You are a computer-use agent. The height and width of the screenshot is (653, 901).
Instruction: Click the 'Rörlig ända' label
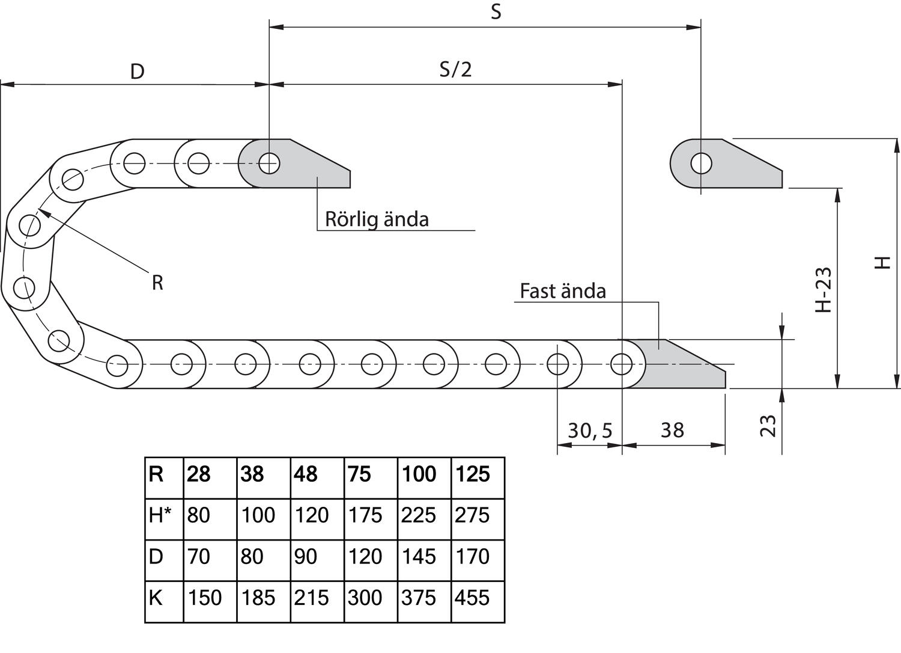[377, 219]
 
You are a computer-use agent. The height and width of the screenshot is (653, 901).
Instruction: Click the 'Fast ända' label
[562, 291]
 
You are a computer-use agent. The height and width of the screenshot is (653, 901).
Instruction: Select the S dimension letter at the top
[496, 12]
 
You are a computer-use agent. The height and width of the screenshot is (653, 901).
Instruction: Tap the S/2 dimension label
[455, 69]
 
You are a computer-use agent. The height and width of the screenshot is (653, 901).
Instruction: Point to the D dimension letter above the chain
[138, 72]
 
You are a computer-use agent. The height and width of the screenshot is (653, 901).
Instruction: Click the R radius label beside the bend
[157, 282]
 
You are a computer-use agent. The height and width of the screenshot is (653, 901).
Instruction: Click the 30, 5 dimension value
[590, 431]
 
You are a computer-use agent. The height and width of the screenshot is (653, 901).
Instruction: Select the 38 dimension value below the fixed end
[672, 431]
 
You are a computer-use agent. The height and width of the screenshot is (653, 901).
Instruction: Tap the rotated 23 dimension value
[769, 426]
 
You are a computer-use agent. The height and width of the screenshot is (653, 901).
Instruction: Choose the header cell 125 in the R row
[473, 474]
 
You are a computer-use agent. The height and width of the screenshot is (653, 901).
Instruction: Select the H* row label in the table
[160, 515]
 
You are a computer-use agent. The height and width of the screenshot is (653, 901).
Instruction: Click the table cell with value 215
[312, 598]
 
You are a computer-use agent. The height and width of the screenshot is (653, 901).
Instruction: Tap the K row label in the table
[156, 598]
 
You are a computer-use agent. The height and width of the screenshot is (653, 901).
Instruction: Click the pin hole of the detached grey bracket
[701, 164]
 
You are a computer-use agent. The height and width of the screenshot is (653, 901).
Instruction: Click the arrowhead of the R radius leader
[41, 210]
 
